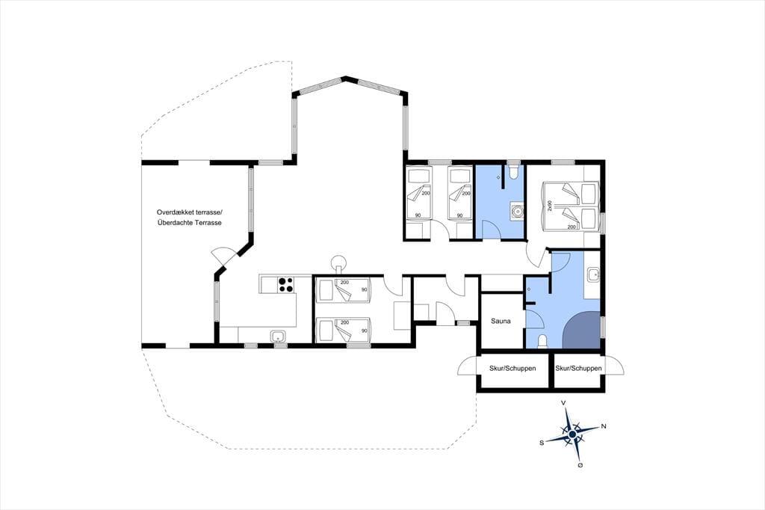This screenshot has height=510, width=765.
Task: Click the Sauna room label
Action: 501,321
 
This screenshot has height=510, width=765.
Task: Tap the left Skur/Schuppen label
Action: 512,368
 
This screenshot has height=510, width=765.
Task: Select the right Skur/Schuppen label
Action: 578,368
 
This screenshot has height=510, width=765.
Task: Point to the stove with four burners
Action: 285,284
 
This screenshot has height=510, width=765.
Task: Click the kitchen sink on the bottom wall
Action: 278,336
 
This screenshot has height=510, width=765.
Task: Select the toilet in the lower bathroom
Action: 542,341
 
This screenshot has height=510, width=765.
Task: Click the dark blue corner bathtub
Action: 581,330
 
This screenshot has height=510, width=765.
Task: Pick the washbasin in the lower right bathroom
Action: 592,274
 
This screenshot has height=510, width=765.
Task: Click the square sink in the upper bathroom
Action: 515,212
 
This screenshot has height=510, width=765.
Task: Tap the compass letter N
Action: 604,426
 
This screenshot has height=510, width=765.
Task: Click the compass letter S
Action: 542,443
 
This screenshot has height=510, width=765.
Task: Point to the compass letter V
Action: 563,402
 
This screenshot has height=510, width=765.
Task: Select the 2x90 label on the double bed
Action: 550,205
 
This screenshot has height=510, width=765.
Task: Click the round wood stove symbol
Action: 338,262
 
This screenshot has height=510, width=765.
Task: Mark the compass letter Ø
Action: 580,465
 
